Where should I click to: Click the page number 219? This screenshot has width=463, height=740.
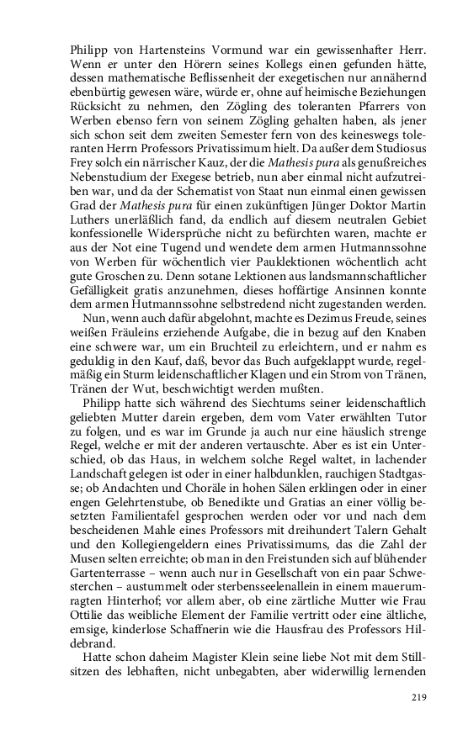[420, 696]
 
